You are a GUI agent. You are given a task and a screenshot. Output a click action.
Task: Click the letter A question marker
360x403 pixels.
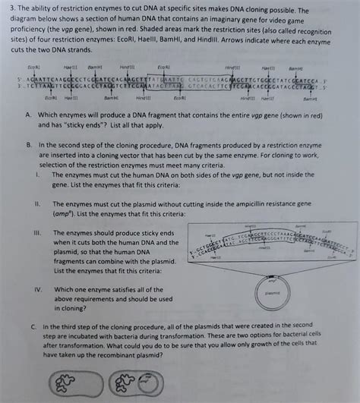[x=28, y=114]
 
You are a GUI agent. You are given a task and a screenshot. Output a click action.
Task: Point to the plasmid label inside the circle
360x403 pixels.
[x=273, y=292]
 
